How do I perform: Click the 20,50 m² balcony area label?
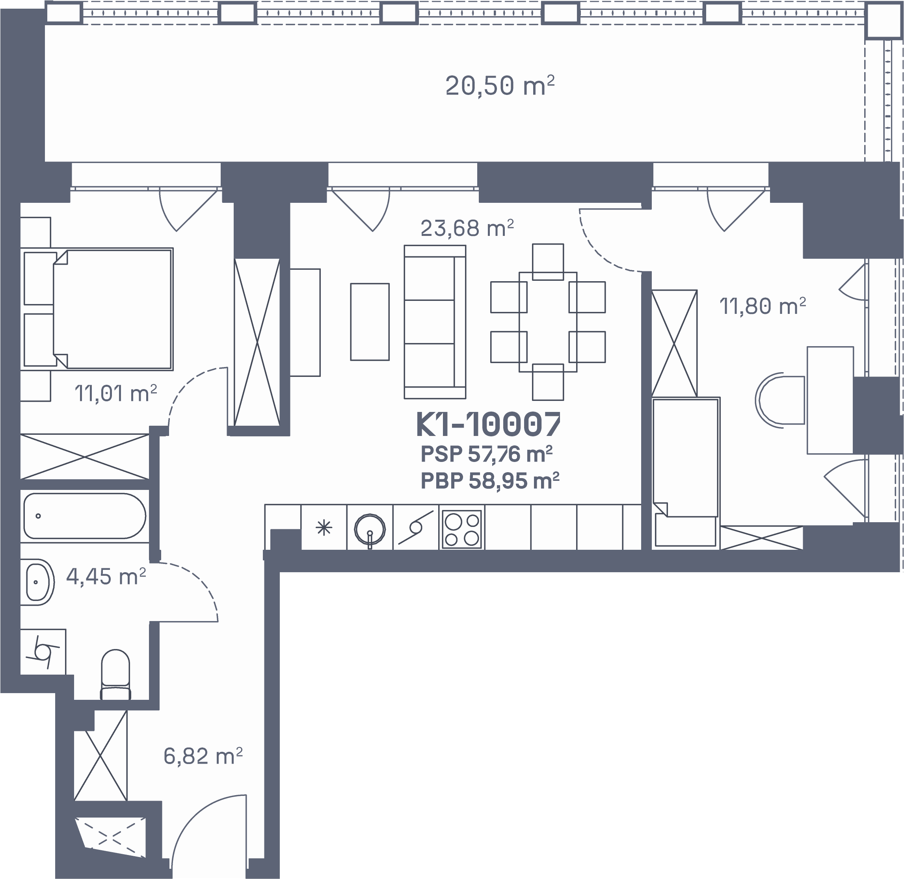coord(500,86)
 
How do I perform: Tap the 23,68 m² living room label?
coord(467,228)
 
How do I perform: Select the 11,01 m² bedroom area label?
coord(116,394)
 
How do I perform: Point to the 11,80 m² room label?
coord(763,306)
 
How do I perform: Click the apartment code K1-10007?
coord(488,424)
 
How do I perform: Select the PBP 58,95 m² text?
coord(490,481)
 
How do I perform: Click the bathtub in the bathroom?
coord(85,516)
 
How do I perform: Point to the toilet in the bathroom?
coord(115,675)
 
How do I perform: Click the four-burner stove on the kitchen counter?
coord(461,529)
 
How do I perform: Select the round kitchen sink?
coord(370,529)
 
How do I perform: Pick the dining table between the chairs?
coord(548,322)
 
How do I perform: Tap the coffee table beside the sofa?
coord(370,322)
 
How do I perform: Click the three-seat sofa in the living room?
coord(435,322)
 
